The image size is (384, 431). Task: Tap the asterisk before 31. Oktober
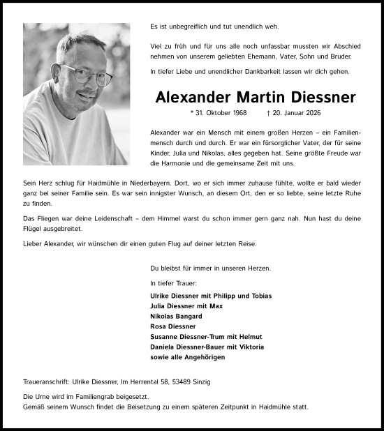tap(191, 113)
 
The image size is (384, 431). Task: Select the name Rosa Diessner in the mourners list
tap(173, 326)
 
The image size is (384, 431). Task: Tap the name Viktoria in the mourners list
tap(249, 347)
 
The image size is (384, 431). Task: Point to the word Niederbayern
tap(142, 181)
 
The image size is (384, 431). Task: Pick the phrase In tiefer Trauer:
tap(173, 283)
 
